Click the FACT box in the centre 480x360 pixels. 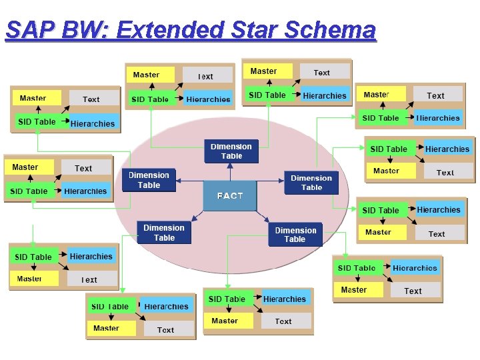click(229, 196)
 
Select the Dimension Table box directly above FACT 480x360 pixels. click(231, 151)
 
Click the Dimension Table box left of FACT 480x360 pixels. click(149, 180)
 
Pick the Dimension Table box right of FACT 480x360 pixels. click(311, 183)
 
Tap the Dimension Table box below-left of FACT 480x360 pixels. click(164, 233)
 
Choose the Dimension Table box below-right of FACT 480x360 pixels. click(295, 235)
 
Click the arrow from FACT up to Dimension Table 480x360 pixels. click(231, 172)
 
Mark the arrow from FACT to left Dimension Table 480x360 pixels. click(189, 180)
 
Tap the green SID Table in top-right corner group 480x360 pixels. click(379, 118)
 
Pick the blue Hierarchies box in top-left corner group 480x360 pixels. click(92, 123)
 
